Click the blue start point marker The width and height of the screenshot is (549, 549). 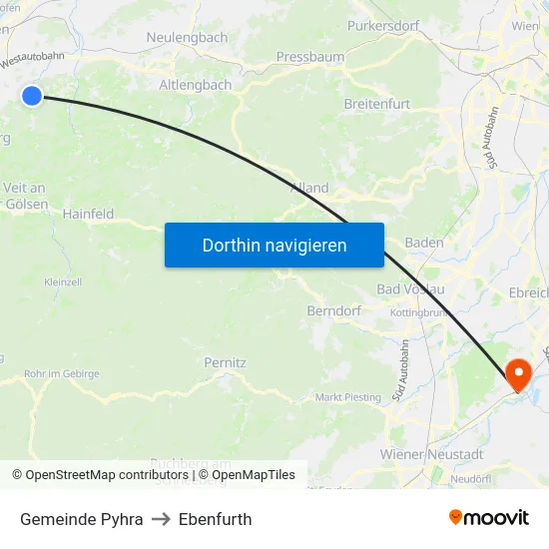[32, 96]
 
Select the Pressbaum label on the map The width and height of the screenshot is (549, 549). [309, 57]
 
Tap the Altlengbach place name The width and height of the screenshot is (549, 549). [196, 85]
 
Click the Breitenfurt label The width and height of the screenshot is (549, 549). [376, 104]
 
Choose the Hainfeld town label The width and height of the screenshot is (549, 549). [88, 214]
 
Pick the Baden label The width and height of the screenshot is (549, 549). [424, 243]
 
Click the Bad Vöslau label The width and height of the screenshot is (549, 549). [410, 289]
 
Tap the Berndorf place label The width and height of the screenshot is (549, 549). [333, 310]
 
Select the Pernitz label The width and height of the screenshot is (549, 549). [225, 362]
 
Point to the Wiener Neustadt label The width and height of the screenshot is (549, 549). [431, 454]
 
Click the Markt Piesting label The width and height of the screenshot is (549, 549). [348, 397]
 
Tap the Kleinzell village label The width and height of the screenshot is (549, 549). [63, 282]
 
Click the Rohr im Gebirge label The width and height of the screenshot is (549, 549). [62, 374]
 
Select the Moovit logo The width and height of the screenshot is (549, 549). [489, 518]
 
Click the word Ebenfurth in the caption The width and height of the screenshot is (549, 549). [215, 519]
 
